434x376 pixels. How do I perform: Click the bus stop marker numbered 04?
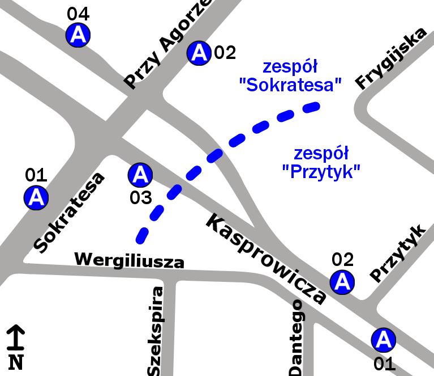pyautogui.click(x=78, y=35)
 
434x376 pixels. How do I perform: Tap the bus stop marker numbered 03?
pyautogui.click(x=140, y=175)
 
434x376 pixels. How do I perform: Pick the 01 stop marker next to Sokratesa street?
pyautogui.click(x=36, y=197)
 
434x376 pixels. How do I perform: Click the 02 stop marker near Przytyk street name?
pyautogui.click(x=342, y=281)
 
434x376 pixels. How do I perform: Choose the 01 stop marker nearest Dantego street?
pyautogui.click(x=383, y=339)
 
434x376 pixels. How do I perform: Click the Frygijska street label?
pyautogui.click(x=390, y=58)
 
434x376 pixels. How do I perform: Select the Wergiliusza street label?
pyautogui.click(x=130, y=260)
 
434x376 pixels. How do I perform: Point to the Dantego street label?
pyautogui.click(x=297, y=337)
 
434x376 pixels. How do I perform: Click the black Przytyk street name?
pyautogui.click(x=397, y=253)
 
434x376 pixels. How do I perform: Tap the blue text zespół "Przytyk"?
pyautogui.click(x=321, y=162)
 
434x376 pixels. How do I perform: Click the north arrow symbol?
pyautogui.click(x=15, y=338)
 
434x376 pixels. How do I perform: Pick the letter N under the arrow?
pyautogui.click(x=16, y=361)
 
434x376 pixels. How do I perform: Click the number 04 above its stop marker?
pyautogui.click(x=78, y=14)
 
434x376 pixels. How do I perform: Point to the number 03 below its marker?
pyautogui.click(x=140, y=198)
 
